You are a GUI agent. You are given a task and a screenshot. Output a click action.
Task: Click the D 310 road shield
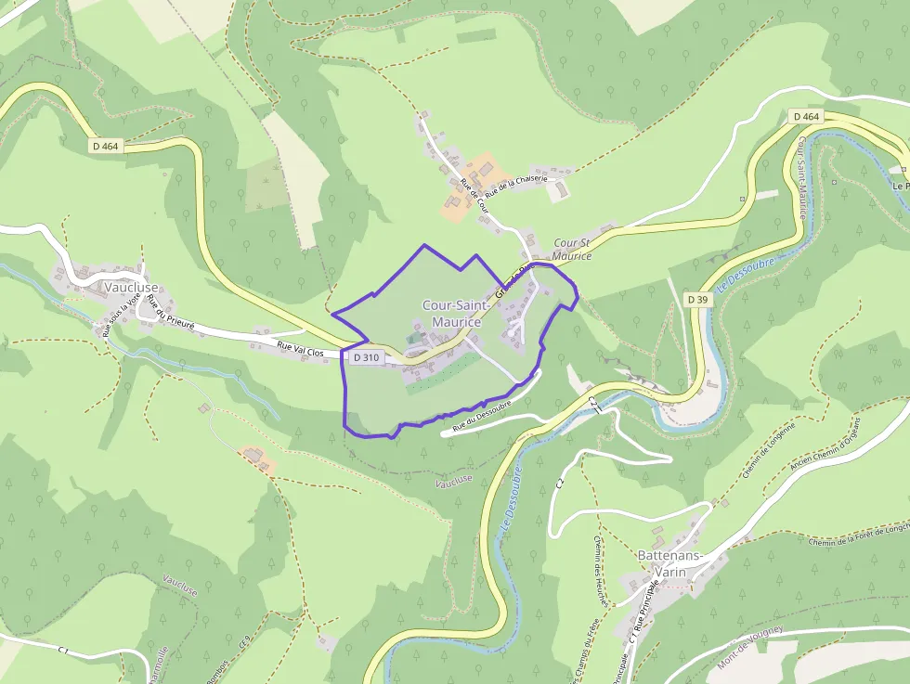[367, 357]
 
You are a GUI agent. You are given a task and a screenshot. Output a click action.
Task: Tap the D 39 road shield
[699, 300]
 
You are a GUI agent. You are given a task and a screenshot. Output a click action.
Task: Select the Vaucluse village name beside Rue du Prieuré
[131, 288]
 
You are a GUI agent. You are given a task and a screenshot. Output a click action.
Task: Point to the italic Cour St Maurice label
[572, 249]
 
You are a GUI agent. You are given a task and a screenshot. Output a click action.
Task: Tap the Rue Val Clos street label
[300, 349]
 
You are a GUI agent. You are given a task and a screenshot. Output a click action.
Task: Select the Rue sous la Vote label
[122, 314]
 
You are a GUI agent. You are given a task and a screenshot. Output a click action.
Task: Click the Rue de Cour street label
[474, 194]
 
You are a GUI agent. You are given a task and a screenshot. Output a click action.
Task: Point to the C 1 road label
[63, 650]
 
